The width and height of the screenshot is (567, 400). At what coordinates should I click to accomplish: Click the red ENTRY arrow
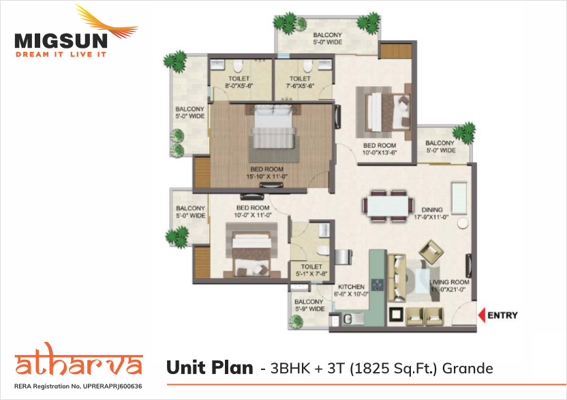[x=481, y=315]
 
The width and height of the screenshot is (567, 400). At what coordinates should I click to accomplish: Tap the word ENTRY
[x=503, y=315]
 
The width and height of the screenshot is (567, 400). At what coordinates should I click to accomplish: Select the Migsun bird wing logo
[x=107, y=23]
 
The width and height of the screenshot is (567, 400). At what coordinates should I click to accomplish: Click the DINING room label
[x=432, y=210]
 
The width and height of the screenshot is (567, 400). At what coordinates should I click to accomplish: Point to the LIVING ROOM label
[x=450, y=282]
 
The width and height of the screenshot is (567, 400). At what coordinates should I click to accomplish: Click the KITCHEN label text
[x=351, y=287]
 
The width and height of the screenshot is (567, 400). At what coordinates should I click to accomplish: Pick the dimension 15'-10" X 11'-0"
[x=267, y=177]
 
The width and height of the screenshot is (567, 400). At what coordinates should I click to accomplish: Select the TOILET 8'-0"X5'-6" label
[x=239, y=82]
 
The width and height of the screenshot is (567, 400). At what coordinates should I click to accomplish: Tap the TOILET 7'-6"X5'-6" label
[x=300, y=82]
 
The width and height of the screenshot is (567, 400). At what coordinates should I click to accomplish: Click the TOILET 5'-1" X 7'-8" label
[x=311, y=270]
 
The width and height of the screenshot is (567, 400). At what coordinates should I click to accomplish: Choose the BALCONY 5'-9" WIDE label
[x=309, y=305]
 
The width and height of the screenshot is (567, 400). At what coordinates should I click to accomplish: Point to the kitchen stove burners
[x=378, y=285]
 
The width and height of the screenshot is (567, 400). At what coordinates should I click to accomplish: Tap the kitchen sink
[x=353, y=319]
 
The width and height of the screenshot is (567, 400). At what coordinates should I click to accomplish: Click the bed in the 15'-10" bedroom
[x=274, y=126]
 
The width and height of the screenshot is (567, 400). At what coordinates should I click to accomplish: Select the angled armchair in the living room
[x=431, y=251]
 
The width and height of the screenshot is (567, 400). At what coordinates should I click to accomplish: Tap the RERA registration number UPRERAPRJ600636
[x=112, y=386]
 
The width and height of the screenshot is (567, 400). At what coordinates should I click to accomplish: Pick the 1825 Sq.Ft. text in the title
[x=395, y=369]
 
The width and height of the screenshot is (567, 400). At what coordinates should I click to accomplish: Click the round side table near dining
[x=463, y=223]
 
